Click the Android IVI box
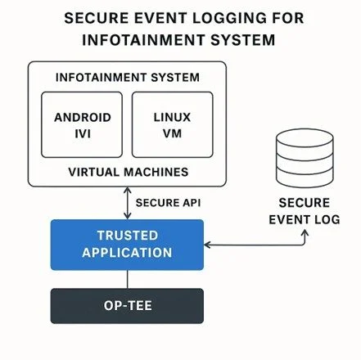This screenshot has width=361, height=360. (x=82, y=124)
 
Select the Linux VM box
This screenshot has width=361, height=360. (x=173, y=124)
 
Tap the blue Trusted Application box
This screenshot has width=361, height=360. (x=127, y=245)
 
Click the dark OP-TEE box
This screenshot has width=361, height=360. (x=127, y=306)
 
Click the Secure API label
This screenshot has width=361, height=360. (x=168, y=203)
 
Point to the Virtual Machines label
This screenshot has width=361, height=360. (x=129, y=172)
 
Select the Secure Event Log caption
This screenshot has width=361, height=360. (x=305, y=211)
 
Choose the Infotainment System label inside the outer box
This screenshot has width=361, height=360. (x=128, y=78)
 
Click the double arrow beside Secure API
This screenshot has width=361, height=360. (x=128, y=203)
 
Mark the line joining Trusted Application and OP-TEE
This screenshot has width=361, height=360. (x=128, y=279)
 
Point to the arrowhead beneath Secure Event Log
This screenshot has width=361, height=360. (x=305, y=232)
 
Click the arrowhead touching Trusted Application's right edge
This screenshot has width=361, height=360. (x=207, y=245)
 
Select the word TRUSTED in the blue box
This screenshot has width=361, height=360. (x=128, y=236)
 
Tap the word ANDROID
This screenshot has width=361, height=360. (x=83, y=118)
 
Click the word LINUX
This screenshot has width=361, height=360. (x=172, y=118)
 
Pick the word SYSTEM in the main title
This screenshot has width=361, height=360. (x=243, y=40)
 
